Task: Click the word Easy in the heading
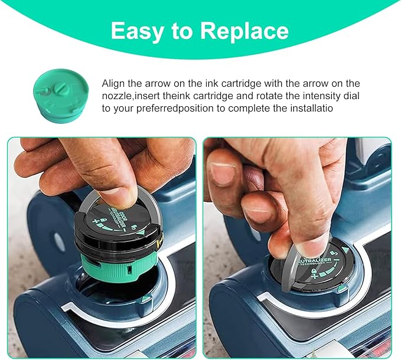136,31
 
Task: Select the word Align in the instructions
113,84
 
